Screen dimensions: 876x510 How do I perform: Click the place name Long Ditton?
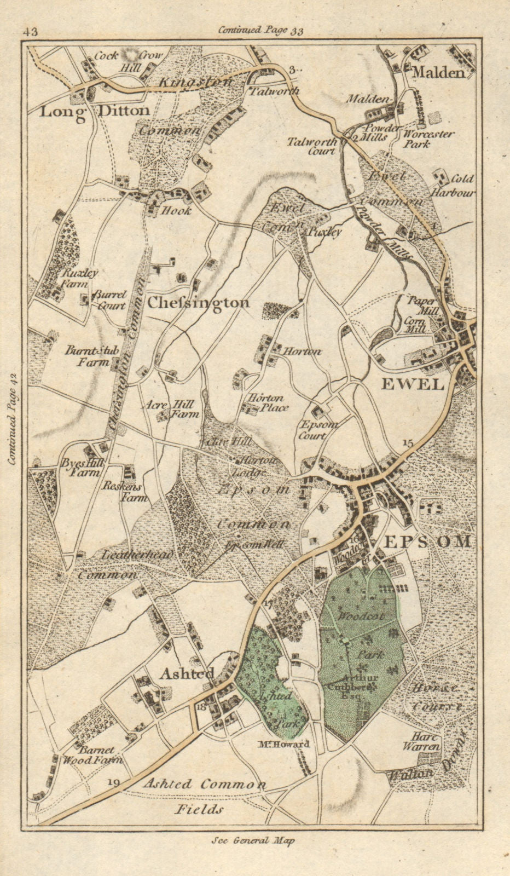[95, 111]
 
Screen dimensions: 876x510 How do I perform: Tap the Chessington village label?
[199, 302]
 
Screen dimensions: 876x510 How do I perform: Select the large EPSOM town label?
[427, 541]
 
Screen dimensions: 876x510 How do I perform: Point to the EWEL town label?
[412, 384]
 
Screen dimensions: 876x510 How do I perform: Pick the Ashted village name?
[186, 674]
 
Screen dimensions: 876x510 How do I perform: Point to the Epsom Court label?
[320, 430]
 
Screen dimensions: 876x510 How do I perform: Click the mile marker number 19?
[114, 782]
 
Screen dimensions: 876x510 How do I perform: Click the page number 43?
[31, 32]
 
